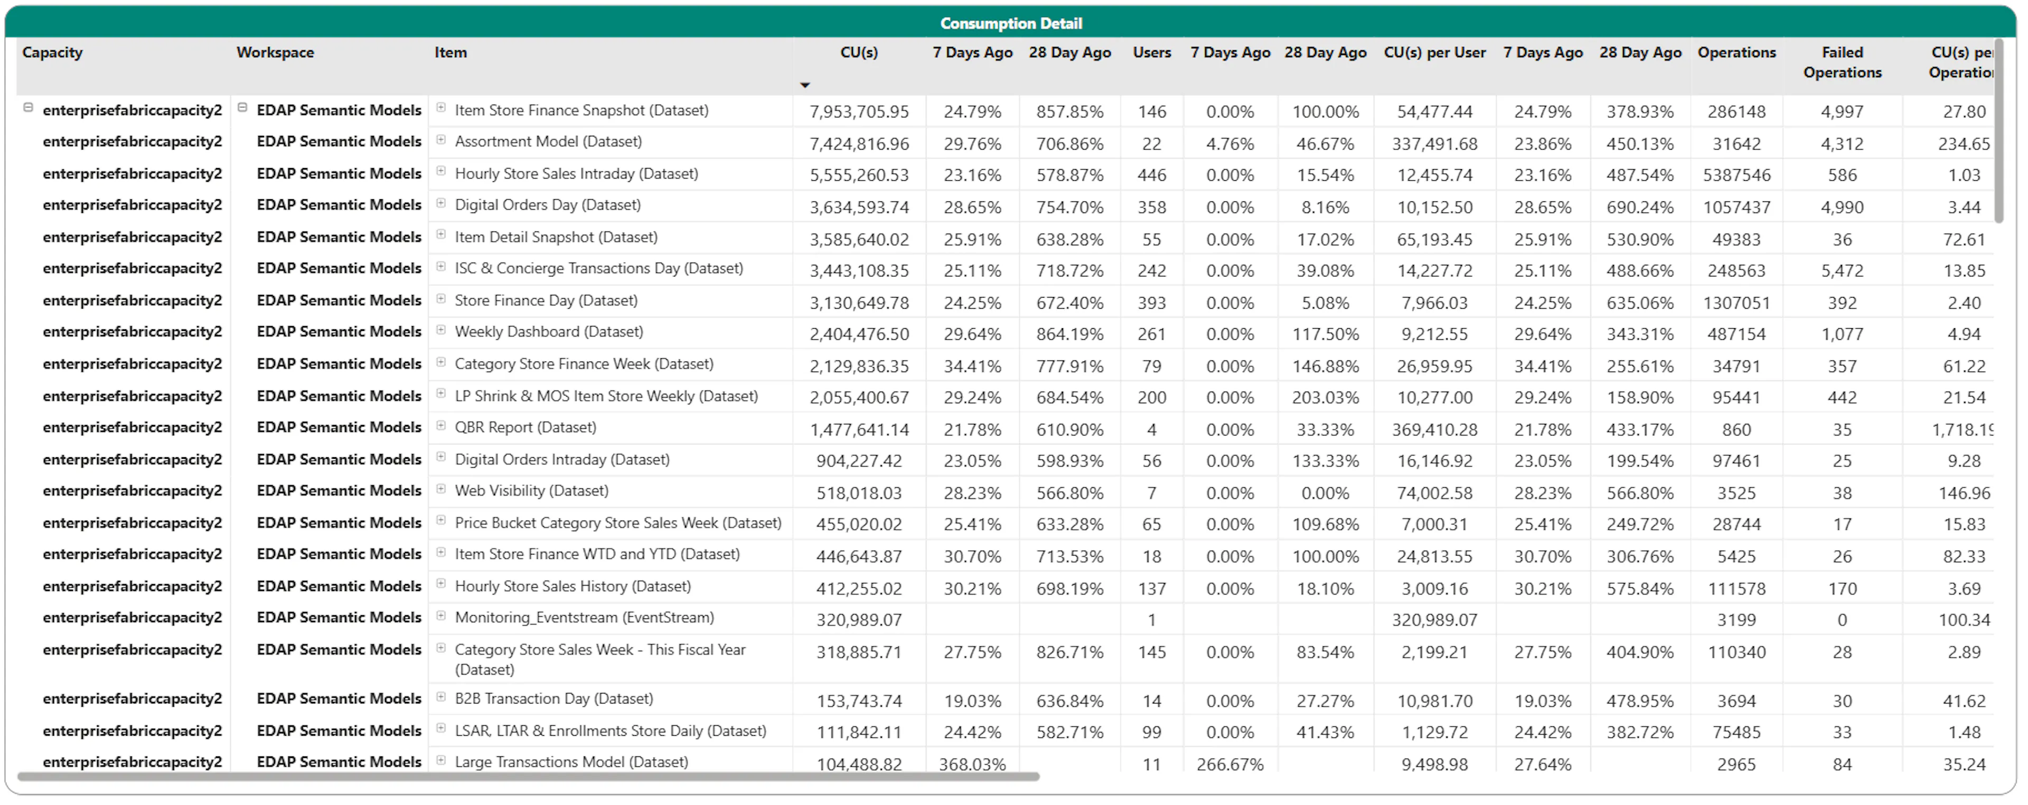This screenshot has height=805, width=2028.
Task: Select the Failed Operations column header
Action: [x=1842, y=62]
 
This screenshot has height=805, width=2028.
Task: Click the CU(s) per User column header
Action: [x=1434, y=53]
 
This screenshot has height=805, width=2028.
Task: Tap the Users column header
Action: [x=1152, y=53]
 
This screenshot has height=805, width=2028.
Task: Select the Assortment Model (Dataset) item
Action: [x=548, y=142]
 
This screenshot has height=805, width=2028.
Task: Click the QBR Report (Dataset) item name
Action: [x=525, y=428]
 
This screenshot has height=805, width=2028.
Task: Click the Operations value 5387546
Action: [x=1736, y=175]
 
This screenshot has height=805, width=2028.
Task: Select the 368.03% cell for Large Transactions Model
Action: [x=972, y=764]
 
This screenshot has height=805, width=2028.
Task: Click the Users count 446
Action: [x=1152, y=175]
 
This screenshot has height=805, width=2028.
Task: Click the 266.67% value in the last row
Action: [x=1229, y=764]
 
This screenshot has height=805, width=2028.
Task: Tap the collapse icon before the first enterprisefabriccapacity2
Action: [x=29, y=108]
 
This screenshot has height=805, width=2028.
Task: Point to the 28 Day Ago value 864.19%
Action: [x=1070, y=335]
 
